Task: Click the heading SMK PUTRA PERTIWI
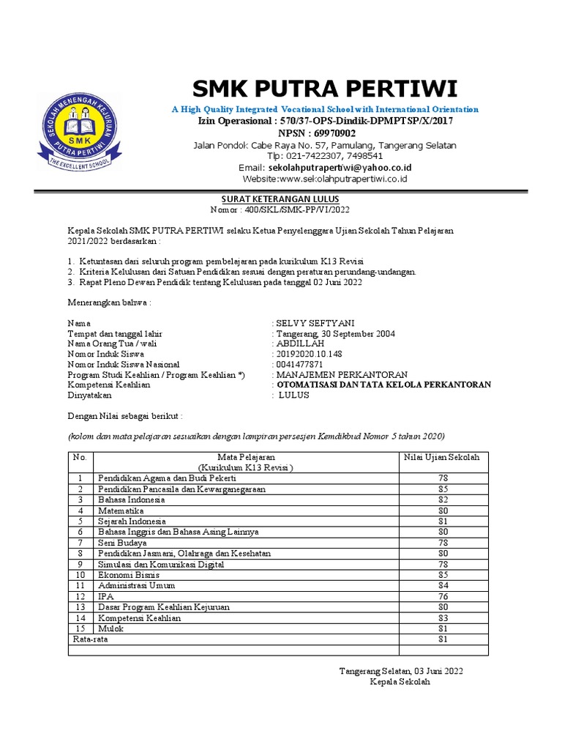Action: point(324,89)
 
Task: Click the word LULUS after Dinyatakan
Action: point(295,395)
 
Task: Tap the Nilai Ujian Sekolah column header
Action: point(442,457)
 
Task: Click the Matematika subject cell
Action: point(121,510)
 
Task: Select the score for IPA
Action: point(443,597)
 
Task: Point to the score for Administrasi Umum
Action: point(443,586)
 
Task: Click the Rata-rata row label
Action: point(89,639)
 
